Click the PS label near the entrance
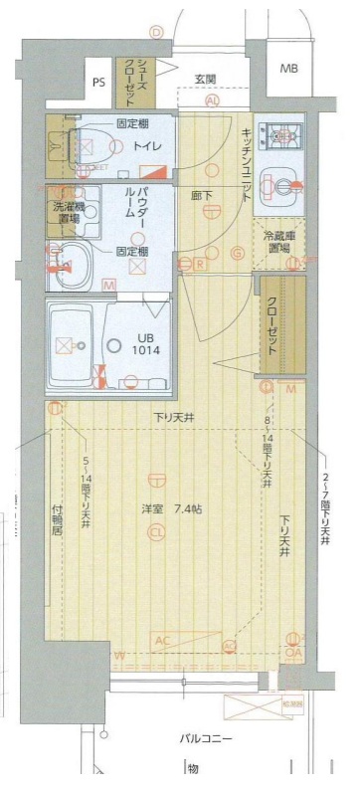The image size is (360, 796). (98, 82)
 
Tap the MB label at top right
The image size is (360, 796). (287, 69)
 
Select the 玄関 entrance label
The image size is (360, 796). (205, 79)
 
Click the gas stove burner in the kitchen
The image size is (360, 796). (276, 135)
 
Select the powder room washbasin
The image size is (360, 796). (71, 263)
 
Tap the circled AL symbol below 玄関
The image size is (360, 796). (212, 101)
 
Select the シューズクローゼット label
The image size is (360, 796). (129, 81)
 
